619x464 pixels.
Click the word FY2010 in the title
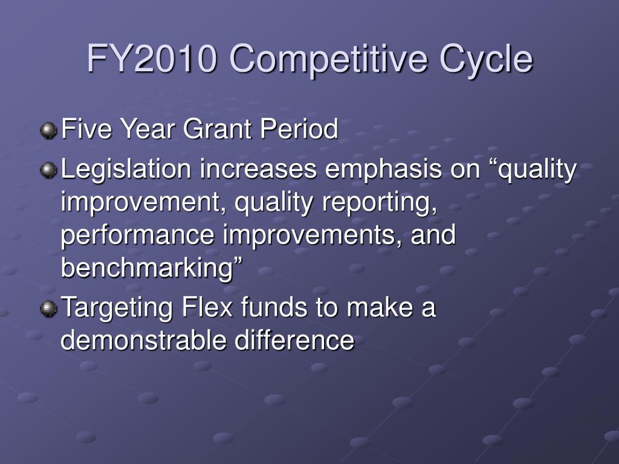click(152, 59)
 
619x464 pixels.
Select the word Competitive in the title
click(328, 59)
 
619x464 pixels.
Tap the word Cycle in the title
click(486, 59)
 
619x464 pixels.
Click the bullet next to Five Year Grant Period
click(48, 130)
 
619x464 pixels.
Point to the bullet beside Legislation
click(48, 170)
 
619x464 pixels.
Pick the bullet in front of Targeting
click(48, 308)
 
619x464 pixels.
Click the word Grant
click(218, 129)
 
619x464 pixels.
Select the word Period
click(299, 129)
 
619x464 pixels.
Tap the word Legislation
click(126, 170)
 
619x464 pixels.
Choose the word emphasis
click(383, 169)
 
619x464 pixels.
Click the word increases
click(258, 169)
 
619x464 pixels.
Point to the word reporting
click(380, 203)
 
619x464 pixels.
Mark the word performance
click(138, 236)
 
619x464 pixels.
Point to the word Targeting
click(117, 308)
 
